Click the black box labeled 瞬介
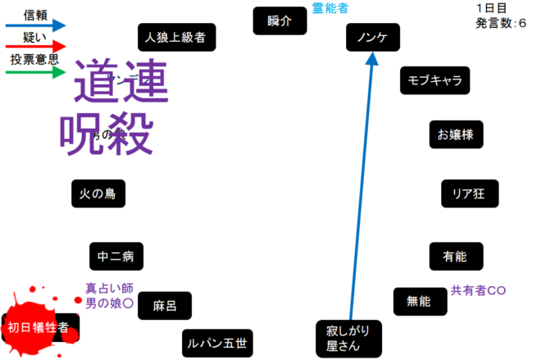pos(280,21)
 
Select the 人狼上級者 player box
pos(176,37)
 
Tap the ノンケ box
pos(373,37)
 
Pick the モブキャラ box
pos(434,80)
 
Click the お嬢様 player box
pos(457,134)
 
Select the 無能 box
pos(418,301)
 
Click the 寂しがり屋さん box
pos(348,336)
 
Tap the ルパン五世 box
pos(217,342)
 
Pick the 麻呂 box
pos(165,306)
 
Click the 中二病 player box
pos(116,257)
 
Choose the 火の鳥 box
pos(98,194)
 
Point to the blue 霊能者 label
pos(330,8)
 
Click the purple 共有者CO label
pos(479,290)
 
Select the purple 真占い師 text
pos(109,288)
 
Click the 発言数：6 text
pos(501,24)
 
